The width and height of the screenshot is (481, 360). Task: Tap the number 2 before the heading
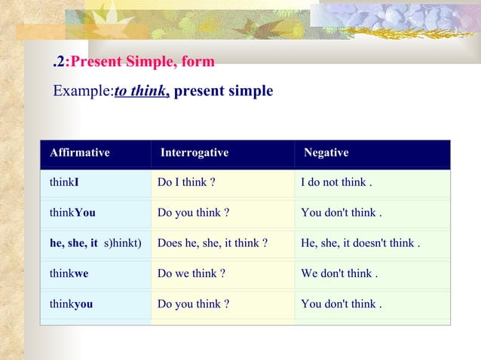60,62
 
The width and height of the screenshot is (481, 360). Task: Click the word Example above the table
81,92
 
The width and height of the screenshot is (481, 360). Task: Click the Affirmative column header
79,153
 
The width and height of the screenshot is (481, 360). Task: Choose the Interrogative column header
195,153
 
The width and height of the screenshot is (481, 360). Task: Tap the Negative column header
326,153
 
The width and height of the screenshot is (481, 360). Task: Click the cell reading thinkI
65,182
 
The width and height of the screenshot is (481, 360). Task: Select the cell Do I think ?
186,182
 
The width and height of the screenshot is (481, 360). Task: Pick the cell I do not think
336,182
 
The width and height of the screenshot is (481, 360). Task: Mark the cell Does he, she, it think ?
213,243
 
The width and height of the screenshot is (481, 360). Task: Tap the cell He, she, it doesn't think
360,243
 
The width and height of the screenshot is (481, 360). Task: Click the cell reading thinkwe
69,273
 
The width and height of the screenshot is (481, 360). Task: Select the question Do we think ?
191,273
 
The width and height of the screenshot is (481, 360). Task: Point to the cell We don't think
339,273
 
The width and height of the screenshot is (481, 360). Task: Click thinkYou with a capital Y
72,212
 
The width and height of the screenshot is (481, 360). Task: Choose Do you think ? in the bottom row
193,304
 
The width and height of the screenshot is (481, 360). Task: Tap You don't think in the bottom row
341,304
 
